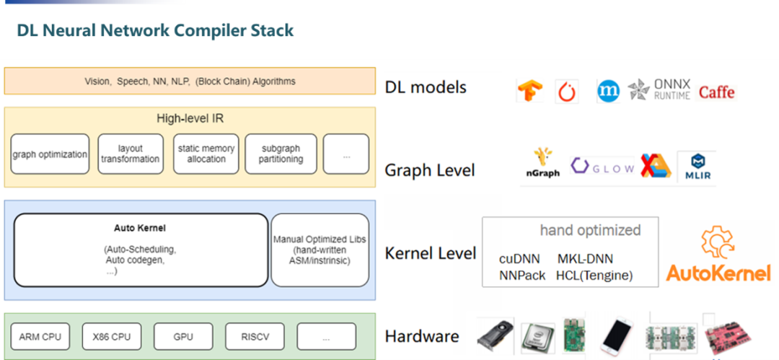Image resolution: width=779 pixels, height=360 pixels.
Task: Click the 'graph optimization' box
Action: tap(50, 154)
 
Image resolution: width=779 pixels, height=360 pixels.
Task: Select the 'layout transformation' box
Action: tap(130, 154)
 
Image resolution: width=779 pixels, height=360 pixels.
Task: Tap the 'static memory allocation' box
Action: tap(206, 154)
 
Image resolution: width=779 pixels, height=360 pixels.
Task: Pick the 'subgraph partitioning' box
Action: tap(282, 154)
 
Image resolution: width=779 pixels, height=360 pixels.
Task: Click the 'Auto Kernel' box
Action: tap(141, 250)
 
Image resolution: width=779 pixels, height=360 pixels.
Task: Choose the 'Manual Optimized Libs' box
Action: tap(320, 250)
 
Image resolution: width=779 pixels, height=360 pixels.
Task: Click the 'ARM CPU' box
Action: tap(40, 336)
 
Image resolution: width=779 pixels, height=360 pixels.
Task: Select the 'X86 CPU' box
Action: tap(111, 336)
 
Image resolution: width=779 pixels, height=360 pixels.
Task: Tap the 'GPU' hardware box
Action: tap(183, 336)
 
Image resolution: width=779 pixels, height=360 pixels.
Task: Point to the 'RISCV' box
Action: tap(255, 336)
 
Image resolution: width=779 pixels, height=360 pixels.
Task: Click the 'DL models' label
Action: tap(426, 87)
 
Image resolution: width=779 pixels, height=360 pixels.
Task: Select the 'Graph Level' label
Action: tap(430, 171)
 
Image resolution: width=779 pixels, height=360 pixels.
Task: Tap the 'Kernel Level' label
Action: tap(431, 253)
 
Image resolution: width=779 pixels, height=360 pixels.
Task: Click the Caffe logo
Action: tap(716, 92)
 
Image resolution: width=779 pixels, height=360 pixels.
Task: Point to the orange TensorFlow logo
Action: tap(529, 92)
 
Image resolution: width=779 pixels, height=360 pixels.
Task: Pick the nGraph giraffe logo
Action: tap(543, 164)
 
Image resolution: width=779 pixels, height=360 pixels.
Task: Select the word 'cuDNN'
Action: tap(521, 259)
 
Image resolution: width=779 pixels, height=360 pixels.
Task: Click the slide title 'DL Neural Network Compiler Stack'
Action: tap(155, 30)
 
